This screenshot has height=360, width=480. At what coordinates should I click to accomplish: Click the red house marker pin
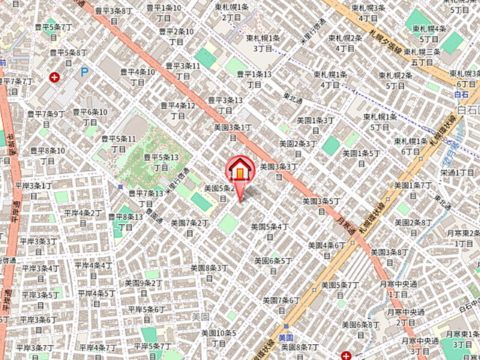(239, 171)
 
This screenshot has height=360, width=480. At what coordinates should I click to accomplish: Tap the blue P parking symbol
(85, 72)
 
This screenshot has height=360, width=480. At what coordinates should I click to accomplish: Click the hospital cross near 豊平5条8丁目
(54, 76)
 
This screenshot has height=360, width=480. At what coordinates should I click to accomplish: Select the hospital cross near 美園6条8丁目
(346, 355)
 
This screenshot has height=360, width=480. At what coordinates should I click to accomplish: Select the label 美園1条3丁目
(312, 125)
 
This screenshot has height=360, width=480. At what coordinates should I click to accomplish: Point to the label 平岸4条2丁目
(82, 217)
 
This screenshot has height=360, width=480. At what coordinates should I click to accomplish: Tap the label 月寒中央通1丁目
(397, 289)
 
